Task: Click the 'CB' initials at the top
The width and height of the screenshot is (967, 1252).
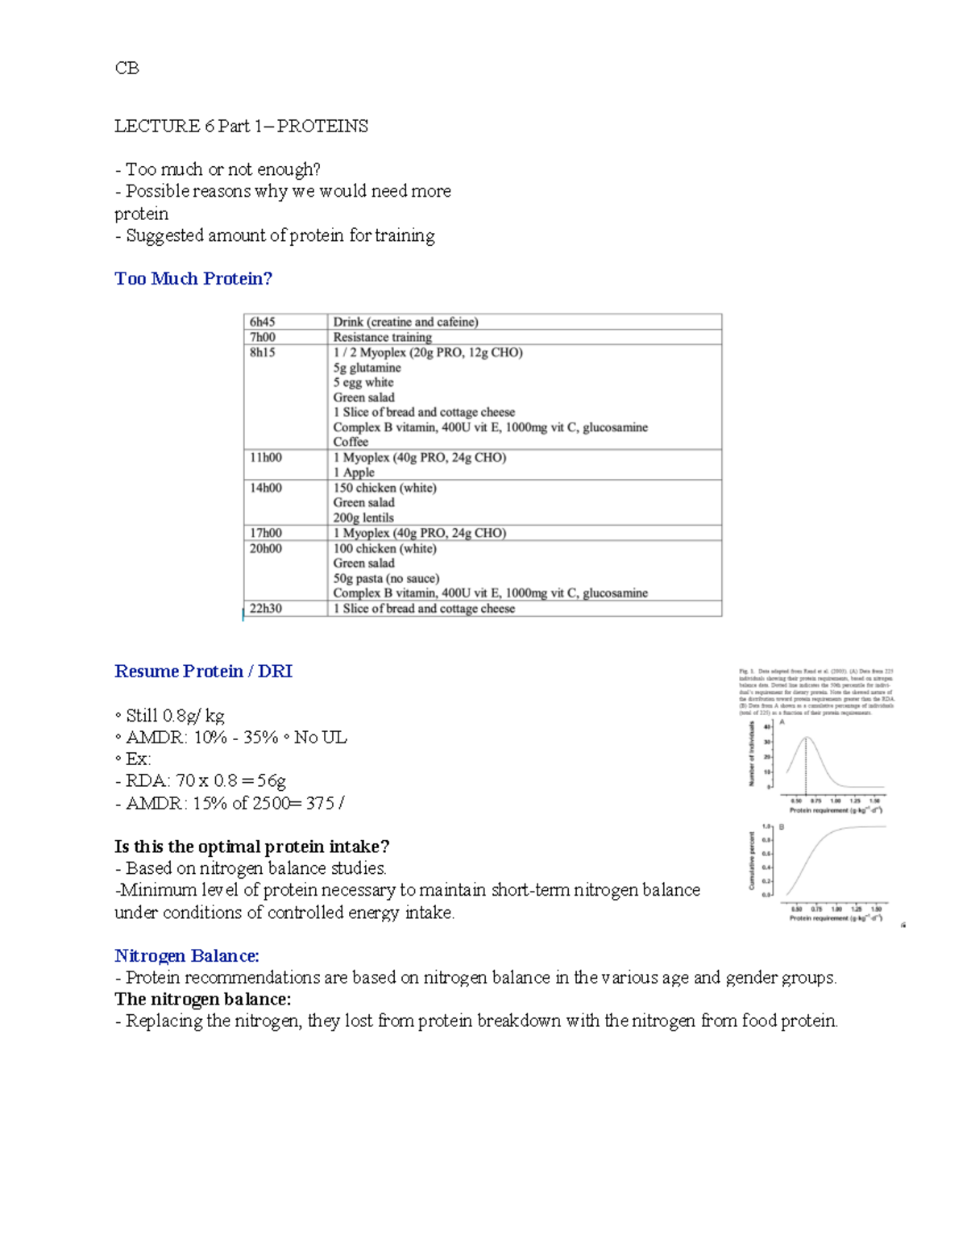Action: (x=127, y=69)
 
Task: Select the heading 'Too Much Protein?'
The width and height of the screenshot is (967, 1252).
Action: (x=193, y=279)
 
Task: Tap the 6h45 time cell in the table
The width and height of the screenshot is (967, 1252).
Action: (x=263, y=322)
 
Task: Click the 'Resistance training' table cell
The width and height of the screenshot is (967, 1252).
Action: (x=383, y=337)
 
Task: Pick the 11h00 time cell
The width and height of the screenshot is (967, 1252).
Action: (x=266, y=457)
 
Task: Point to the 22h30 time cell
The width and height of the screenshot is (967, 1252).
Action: (x=266, y=609)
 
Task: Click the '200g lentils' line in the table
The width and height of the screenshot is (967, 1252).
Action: (x=363, y=518)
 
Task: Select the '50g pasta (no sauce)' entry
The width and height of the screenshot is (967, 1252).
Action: (x=386, y=578)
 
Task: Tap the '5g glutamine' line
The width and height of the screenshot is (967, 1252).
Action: (x=367, y=368)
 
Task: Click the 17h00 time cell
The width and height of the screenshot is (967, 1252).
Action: (x=266, y=533)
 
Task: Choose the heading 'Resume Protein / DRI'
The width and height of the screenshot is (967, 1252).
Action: (x=203, y=672)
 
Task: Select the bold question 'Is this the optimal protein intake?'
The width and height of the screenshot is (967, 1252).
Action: (x=251, y=846)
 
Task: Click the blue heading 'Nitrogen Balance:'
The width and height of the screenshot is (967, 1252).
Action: (x=187, y=956)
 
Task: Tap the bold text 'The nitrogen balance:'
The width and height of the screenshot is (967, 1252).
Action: (x=202, y=1000)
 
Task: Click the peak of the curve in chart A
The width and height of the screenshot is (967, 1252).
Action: (x=807, y=738)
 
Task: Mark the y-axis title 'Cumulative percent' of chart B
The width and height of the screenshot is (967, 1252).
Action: (x=752, y=861)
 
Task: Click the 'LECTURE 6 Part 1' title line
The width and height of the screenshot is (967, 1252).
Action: (x=241, y=127)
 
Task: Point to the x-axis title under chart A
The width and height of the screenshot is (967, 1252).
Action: (x=835, y=810)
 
